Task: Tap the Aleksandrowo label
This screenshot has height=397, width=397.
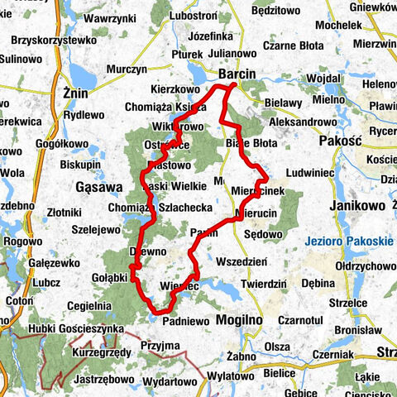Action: pyautogui.click(x=302, y=122)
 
